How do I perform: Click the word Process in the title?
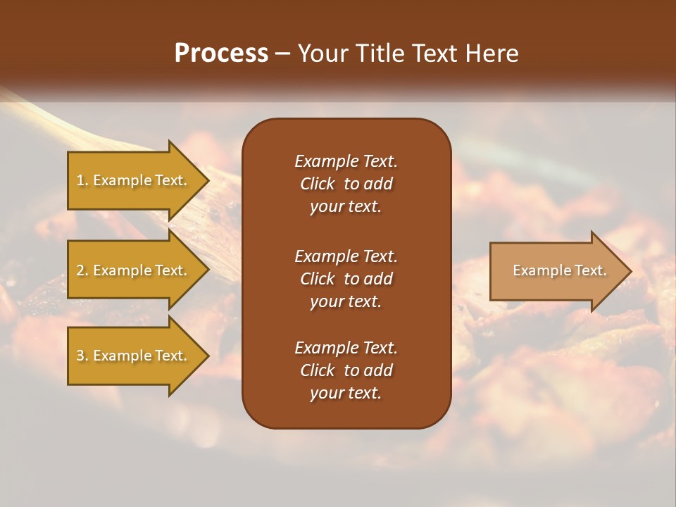click(x=221, y=54)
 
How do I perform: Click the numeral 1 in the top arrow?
click(x=80, y=181)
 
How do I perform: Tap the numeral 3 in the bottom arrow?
click(x=80, y=356)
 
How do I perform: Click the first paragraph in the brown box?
click(x=346, y=184)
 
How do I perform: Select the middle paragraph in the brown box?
click(x=346, y=279)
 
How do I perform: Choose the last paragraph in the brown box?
click(x=346, y=370)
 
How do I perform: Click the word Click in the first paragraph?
click(x=318, y=184)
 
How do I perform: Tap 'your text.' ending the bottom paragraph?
click(x=346, y=394)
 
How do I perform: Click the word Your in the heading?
click(x=321, y=54)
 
